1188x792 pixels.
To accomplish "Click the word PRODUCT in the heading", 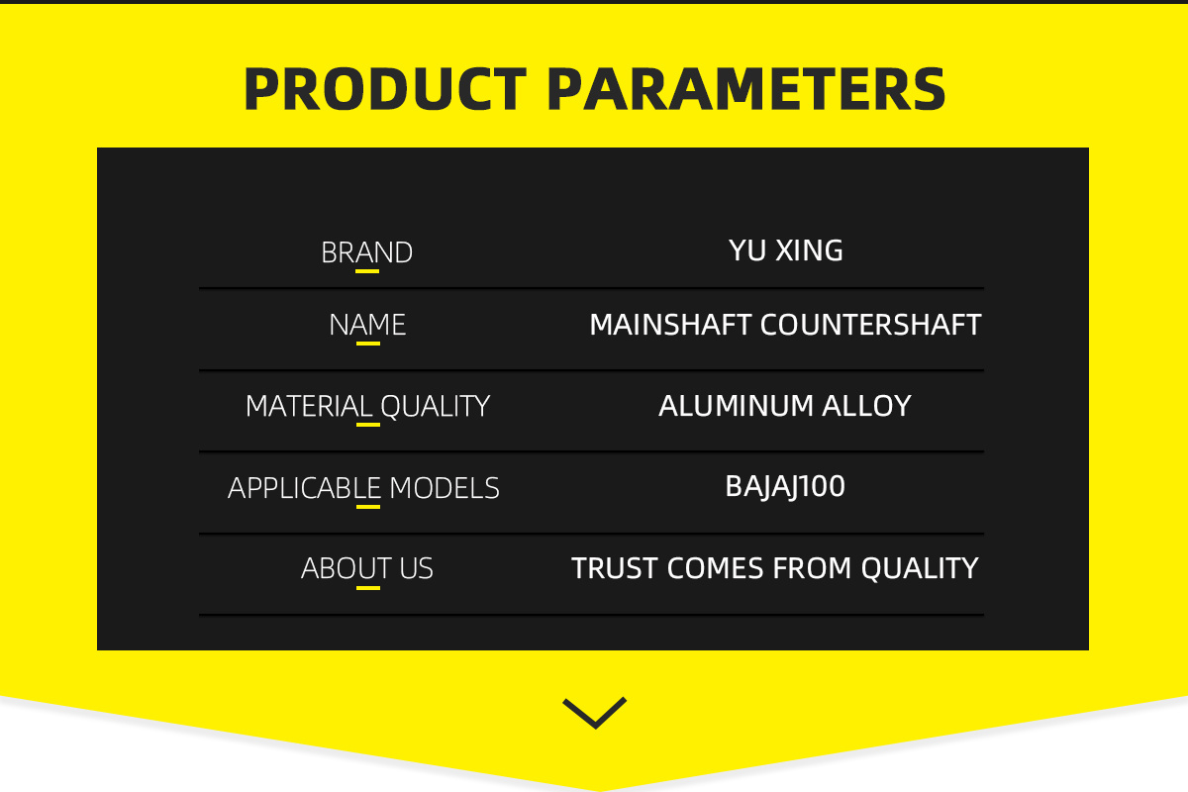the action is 385,89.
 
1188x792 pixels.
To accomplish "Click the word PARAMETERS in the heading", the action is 745,89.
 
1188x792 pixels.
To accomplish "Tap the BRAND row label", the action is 367,252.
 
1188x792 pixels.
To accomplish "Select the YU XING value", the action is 785,250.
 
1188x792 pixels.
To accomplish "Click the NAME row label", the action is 367,325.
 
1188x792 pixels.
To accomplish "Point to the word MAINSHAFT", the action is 670,325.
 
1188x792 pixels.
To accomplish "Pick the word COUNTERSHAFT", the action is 871,325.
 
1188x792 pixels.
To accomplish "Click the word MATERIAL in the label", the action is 309,406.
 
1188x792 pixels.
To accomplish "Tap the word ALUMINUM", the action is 737,406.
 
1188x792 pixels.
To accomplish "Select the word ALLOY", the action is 866,406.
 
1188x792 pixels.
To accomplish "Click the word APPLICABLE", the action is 305,488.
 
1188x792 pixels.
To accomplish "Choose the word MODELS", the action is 445,488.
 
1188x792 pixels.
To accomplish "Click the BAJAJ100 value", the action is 785,487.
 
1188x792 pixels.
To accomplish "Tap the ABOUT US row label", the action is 367,568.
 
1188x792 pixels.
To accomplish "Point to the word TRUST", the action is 615,568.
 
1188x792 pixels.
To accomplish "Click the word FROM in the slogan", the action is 812,568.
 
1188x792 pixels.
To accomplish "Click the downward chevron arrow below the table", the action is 595,714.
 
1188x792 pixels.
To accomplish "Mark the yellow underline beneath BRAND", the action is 367,271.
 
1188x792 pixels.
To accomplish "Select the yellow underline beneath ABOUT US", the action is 368,588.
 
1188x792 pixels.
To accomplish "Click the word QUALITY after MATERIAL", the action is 436,406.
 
